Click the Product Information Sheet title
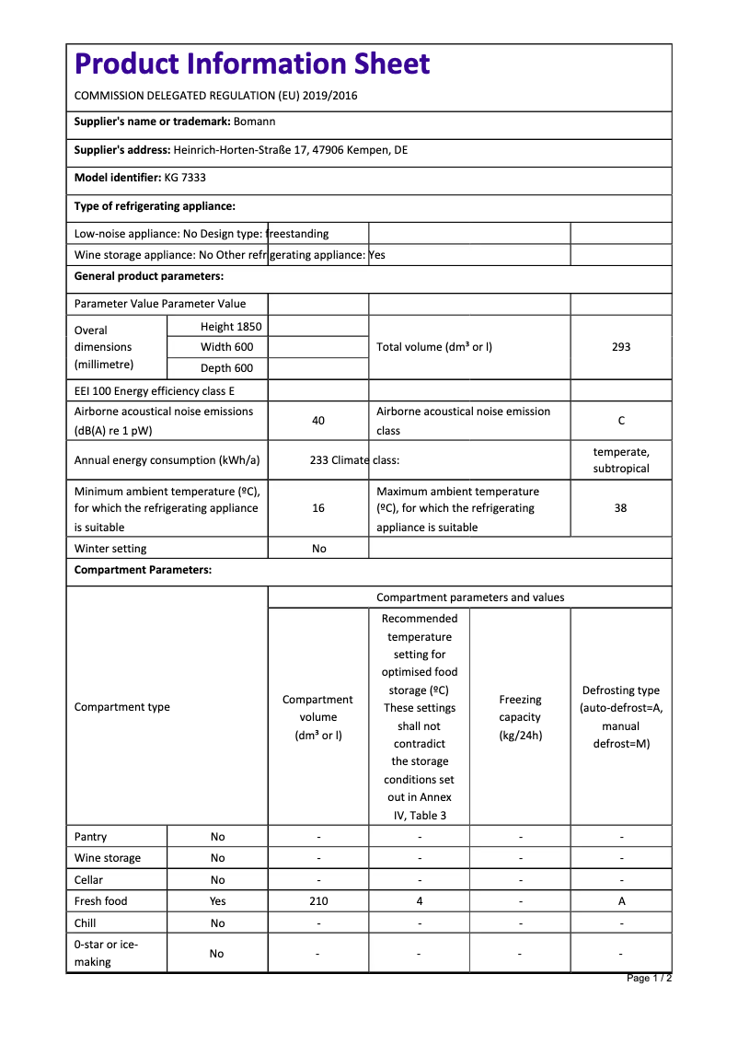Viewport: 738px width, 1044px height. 252,64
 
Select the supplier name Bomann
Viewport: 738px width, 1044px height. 255,122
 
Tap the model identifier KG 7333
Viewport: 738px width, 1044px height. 185,178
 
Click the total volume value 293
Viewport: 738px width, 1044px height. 621,347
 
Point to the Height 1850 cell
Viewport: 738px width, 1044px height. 231,327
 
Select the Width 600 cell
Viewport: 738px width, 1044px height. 227,347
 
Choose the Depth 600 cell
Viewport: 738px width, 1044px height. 227,368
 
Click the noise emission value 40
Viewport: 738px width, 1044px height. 318,421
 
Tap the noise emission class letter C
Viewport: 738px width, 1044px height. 621,421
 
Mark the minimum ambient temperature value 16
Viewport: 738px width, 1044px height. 318,508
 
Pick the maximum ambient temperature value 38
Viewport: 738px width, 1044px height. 621,508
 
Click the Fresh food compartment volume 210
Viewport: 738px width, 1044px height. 318,901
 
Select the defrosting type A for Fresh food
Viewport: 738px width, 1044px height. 621,901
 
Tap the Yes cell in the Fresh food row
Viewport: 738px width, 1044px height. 217,901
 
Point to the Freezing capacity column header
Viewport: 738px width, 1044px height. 520,717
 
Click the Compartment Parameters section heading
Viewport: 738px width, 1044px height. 143,570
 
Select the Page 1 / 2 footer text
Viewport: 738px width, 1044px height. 649,978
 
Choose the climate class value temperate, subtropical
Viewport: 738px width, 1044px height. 621,459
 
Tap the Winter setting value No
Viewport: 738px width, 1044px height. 318,549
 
